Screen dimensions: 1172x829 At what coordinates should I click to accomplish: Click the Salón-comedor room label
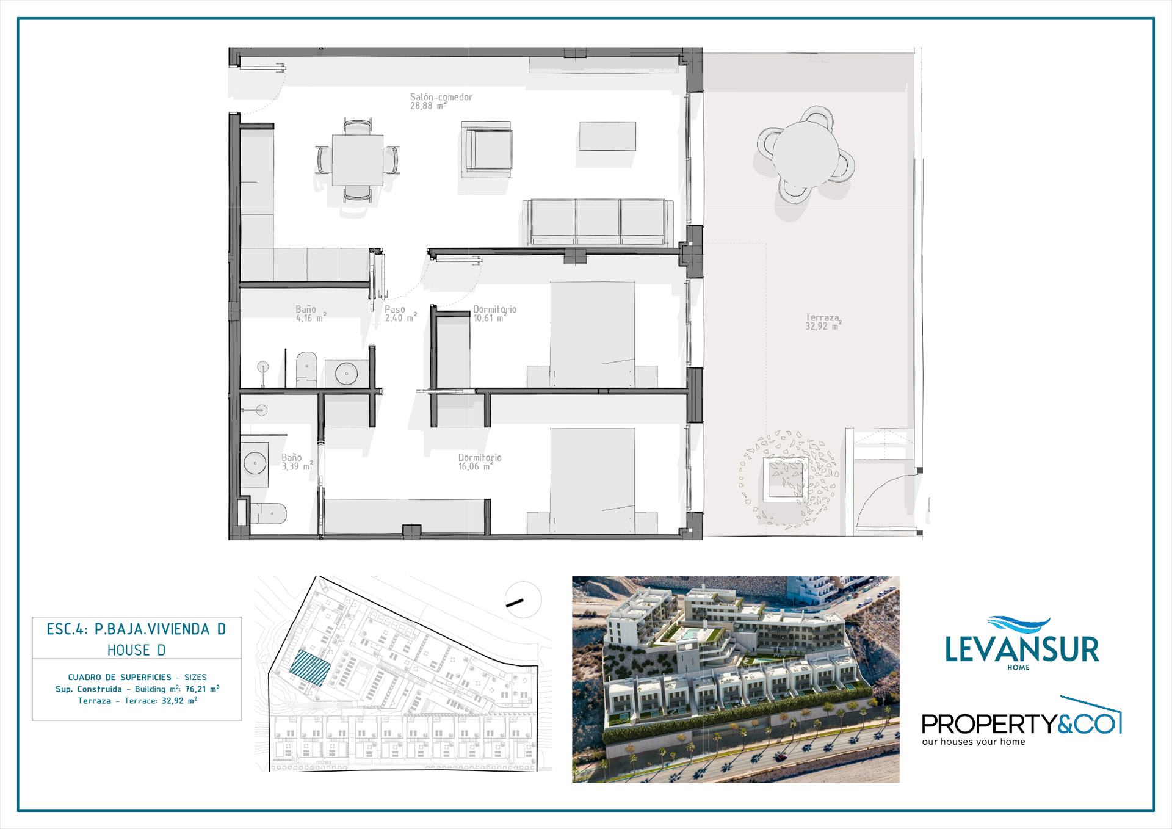point(441,97)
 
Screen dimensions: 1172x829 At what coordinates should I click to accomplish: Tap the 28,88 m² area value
point(428,106)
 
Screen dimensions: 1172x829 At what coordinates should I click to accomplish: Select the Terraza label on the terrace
point(822,317)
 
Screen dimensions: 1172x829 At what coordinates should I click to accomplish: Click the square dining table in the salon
point(358,160)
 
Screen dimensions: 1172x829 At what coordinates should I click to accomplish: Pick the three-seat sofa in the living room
point(598,222)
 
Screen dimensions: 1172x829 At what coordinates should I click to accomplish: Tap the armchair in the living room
point(487,150)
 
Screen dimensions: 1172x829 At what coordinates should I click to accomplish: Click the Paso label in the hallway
point(394,310)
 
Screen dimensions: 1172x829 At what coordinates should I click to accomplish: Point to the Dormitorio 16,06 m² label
point(480,462)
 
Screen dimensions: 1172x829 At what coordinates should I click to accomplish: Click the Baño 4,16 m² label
point(311,314)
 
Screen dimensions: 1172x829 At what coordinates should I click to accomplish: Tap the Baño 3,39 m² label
point(297,462)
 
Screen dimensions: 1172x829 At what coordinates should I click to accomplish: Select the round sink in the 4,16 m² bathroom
point(346,374)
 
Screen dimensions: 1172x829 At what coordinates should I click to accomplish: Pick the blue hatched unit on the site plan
point(310,667)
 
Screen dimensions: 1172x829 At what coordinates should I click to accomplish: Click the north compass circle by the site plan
point(523,600)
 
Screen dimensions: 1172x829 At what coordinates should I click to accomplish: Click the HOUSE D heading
point(136,650)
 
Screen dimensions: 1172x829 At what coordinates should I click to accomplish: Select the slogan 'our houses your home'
point(974,742)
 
